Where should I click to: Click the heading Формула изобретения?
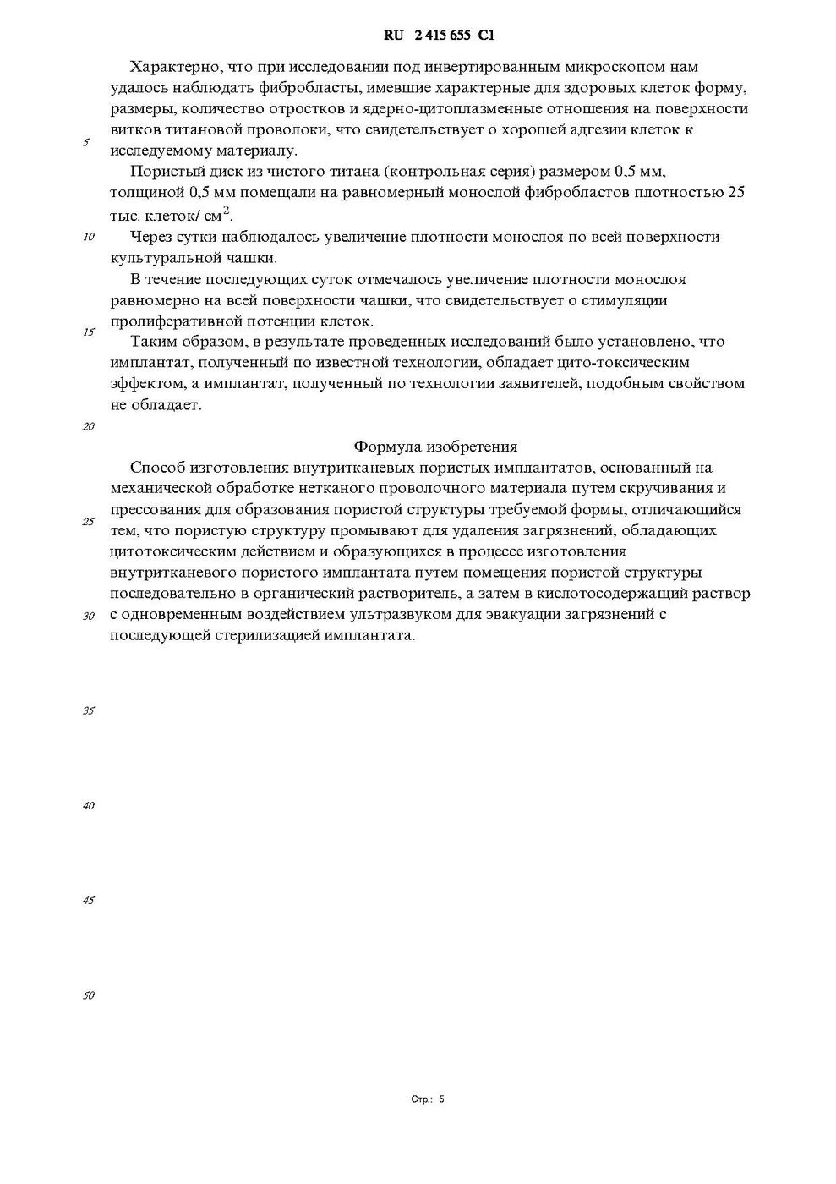point(435,447)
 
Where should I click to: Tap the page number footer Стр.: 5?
point(427,1099)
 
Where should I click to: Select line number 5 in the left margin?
point(86,142)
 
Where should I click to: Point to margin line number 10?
point(88,237)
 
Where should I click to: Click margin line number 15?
point(88,332)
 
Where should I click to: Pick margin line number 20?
point(88,426)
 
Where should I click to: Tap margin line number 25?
point(88,521)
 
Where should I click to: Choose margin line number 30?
point(88,616)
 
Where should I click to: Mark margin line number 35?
point(88,710)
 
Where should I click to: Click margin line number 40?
point(88,805)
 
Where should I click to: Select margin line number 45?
point(88,900)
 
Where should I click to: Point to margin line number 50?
point(88,995)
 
